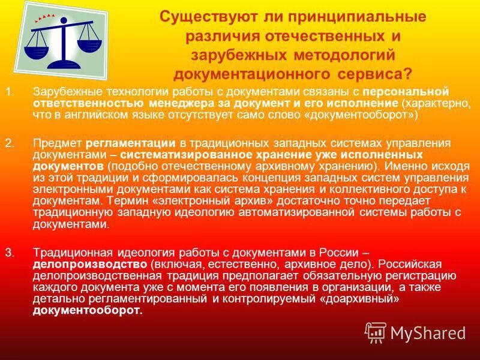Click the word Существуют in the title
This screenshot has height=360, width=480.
click(200, 16)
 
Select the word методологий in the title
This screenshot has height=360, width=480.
click(344, 55)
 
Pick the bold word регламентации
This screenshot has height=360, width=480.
click(131, 143)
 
